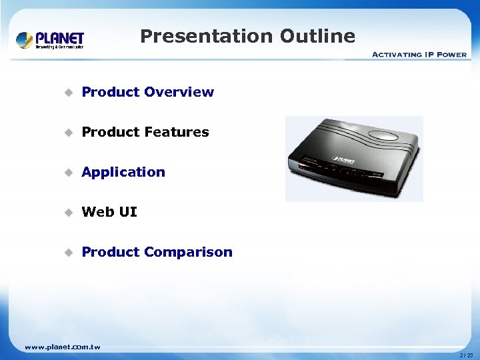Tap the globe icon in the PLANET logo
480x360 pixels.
25,40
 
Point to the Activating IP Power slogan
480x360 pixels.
419,55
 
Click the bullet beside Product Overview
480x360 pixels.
67,93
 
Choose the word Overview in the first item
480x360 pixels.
179,92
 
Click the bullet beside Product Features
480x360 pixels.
67,133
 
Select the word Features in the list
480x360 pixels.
176,132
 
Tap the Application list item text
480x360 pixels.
123,172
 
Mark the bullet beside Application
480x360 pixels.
67,173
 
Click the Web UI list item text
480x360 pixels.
109,212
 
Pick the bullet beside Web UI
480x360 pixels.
67,213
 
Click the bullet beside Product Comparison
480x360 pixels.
67,253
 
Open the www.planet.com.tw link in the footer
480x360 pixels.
62,347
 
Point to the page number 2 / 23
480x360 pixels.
466,355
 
